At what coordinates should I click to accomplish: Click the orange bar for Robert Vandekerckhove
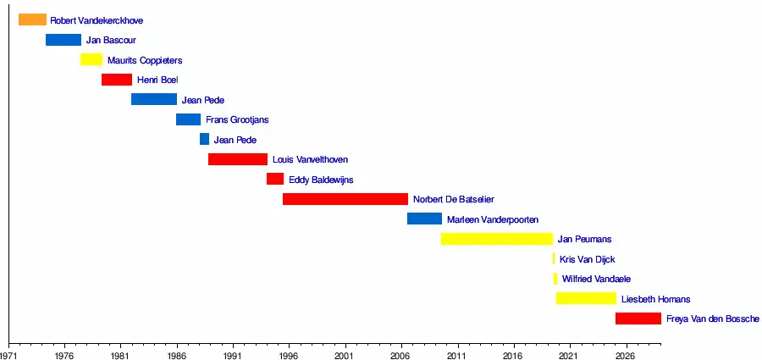[32, 19]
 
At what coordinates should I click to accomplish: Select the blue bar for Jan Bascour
[63, 40]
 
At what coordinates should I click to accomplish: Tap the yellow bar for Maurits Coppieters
[91, 59]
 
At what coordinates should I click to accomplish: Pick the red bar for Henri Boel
[117, 80]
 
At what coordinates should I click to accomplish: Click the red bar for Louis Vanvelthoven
[238, 159]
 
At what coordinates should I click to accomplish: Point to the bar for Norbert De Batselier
[345, 199]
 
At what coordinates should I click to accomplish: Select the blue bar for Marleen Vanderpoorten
[424, 219]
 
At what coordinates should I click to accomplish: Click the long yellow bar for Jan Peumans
[496, 239]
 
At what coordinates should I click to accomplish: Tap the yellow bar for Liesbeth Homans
[586, 298]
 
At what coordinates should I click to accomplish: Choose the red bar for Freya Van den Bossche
[638, 318]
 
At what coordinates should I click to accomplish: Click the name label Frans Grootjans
[237, 120]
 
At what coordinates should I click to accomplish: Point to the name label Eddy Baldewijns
[321, 180]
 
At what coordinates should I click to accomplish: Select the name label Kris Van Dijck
[588, 259]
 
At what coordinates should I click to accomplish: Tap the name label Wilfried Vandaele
[596, 279]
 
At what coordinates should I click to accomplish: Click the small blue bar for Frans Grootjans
[188, 119]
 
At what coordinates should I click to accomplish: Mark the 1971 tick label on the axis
[10, 356]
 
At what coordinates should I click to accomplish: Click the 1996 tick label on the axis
[289, 356]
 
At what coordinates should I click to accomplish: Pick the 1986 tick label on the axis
[177, 356]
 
